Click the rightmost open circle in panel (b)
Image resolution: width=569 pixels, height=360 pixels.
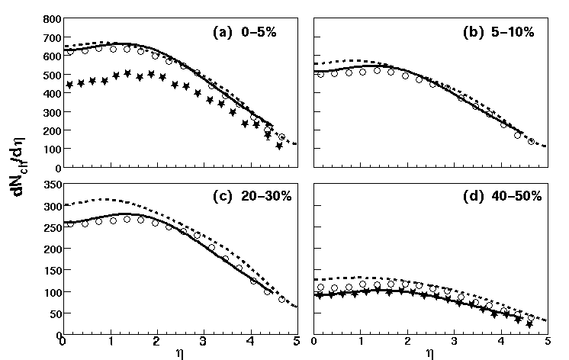532,142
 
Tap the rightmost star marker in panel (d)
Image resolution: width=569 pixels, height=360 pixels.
529,324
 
